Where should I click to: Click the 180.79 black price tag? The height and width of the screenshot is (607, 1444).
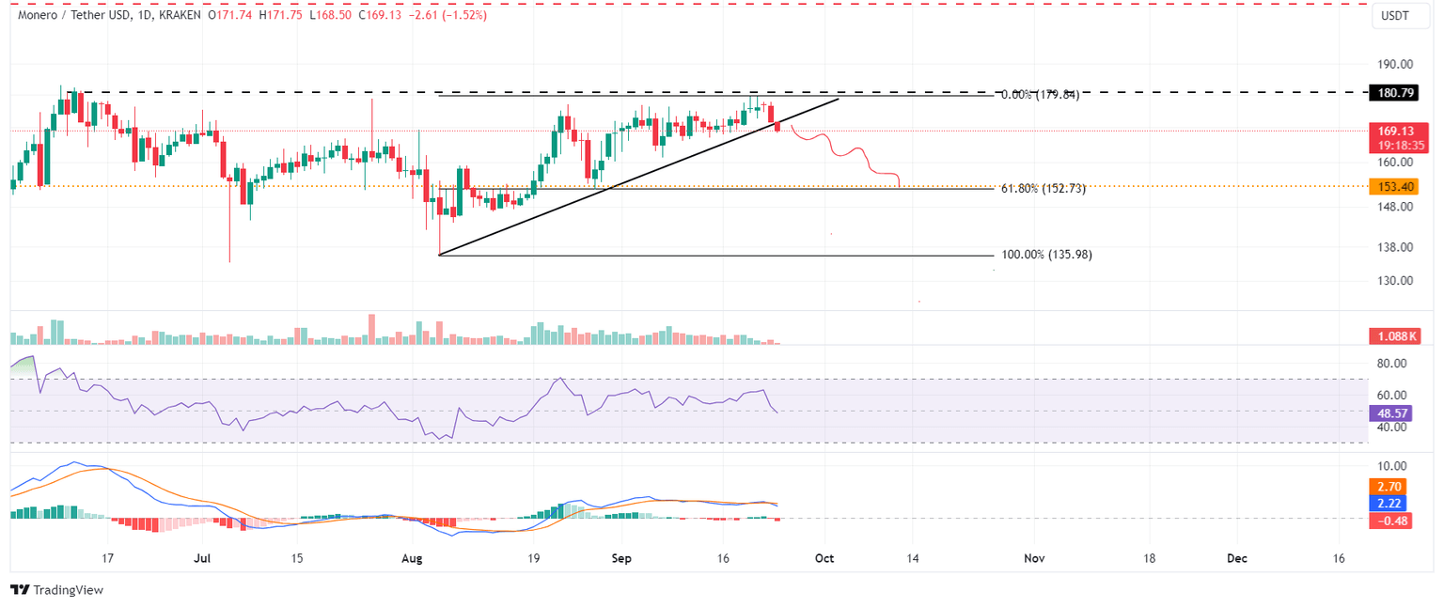1395,93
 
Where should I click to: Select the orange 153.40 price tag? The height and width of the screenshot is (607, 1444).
1395,187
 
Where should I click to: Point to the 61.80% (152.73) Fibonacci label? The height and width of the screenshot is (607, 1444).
1043,189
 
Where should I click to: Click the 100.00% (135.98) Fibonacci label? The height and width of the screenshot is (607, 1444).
1046,255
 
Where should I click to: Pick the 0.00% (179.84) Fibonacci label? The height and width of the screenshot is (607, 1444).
1039,95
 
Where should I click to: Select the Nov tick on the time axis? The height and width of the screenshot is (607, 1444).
1034,558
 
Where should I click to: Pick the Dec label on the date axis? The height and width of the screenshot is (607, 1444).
1237,558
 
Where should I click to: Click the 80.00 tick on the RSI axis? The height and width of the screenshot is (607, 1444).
1393,364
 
